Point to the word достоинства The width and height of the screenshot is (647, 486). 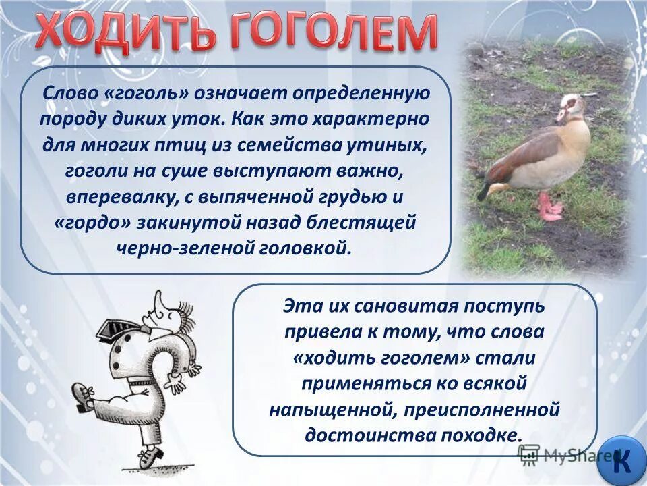[378, 434]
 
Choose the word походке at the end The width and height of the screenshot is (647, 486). [483, 434]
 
